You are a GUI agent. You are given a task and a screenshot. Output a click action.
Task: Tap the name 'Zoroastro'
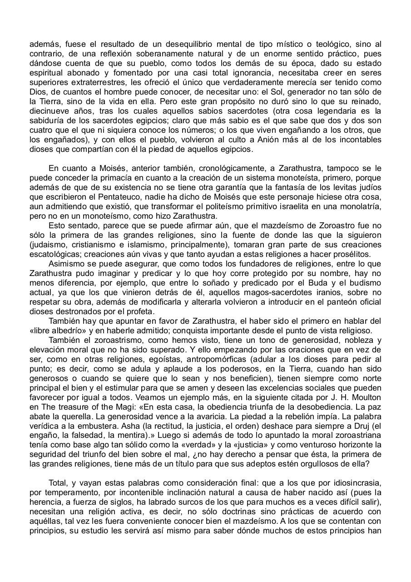coord(312,226)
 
